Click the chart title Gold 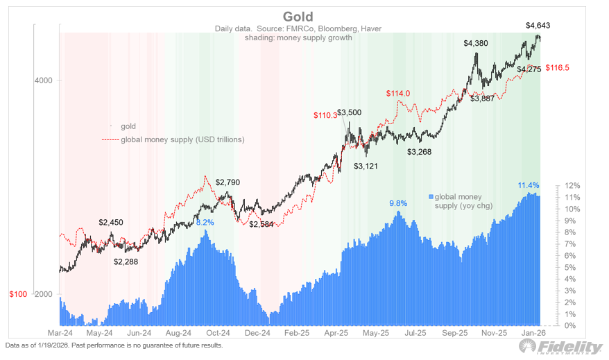coord(298,17)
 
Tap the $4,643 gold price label coord(538,26)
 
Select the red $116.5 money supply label coord(557,68)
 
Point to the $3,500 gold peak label coord(350,112)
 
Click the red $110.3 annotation coord(325,115)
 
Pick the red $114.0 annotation coord(398,94)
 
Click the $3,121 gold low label coord(367,166)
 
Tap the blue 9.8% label coord(398,203)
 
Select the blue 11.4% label coord(529,185)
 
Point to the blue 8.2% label coord(205,223)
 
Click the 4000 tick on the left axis coord(44,80)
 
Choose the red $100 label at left coord(18,294)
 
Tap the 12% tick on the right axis coord(573,186)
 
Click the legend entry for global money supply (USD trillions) coord(182,139)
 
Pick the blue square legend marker coord(431,197)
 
